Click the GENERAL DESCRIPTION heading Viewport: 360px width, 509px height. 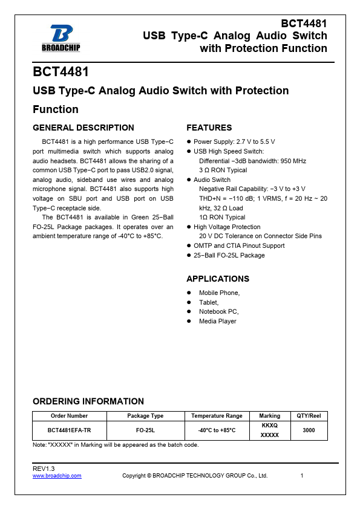(x=83, y=128)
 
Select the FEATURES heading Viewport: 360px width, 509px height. (x=209, y=128)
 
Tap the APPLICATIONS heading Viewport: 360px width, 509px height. (x=218, y=279)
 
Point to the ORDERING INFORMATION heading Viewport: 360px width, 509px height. (x=88, y=401)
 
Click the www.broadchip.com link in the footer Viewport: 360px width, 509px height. (x=57, y=476)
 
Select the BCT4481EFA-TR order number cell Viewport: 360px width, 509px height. (x=69, y=430)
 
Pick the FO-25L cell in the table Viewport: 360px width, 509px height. (x=145, y=430)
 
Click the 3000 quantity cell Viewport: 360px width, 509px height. (x=309, y=430)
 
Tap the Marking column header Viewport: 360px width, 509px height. (x=269, y=416)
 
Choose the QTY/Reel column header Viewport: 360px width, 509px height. (x=309, y=416)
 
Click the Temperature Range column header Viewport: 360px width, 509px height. (x=217, y=416)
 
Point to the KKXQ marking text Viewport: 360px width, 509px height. (x=269, y=426)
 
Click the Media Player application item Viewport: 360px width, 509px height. (x=218, y=321)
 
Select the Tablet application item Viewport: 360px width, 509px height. (x=209, y=302)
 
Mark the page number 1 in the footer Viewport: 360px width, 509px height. (x=301, y=476)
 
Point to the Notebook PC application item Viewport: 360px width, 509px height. (x=219, y=311)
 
